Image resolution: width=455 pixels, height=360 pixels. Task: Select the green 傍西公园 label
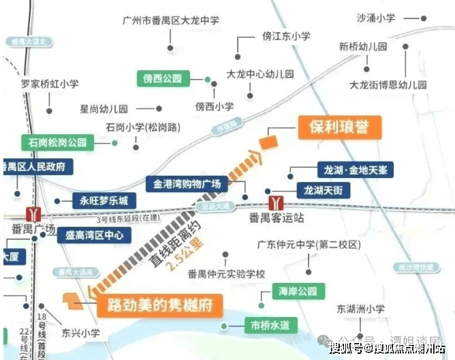(x=162, y=78)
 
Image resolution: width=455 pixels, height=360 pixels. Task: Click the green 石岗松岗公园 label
(x=57, y=142)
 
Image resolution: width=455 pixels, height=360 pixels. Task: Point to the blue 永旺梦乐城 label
(x=104, y=200)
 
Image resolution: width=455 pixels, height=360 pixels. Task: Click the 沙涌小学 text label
(x=375, y=18)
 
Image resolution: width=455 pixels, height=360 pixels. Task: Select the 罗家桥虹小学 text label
(x=50, y=84)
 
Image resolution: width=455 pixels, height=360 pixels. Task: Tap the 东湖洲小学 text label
(x=360, y=308)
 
